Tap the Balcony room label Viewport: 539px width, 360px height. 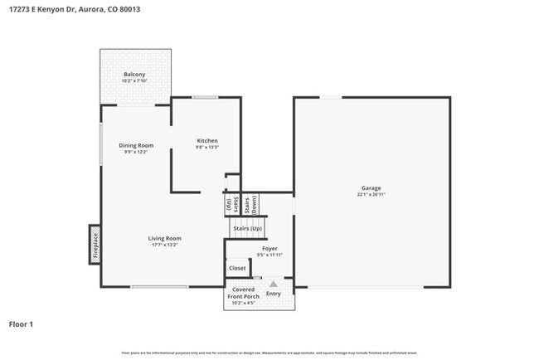pyautogui.click(x=134, y=74)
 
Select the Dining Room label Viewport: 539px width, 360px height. pyautogui.click(x=135, y=145)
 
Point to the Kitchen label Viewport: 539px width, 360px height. pyautogui.click(x=206, y=140)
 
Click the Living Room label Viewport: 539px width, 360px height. pyautogui.click(x=165, y=238)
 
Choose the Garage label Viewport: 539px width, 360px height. pyautogui.click(x=371, y=188)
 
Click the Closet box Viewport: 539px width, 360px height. pyautogui.click(x=237, y=269)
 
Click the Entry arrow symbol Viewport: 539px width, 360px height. pyautogui.click(x=273, y=284)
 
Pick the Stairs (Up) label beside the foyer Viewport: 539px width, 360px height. pyautogui.click(x=247, y=228)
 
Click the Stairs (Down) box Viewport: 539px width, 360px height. pyautogui.click(x=255, y=204)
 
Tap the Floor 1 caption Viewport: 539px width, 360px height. pyautogui.click(x=21, y=324)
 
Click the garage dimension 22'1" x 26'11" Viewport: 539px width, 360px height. pyautogui.click(x=371, y=195)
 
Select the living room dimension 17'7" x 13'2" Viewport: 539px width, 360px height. pyautogui.click(x=165, y=245)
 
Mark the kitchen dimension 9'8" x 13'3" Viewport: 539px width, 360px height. pyautogui.click(x=206, y=147)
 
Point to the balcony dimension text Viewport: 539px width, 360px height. pyautogui.click(x=134, y=80)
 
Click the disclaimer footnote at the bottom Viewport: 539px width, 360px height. pyautogui.click(x=269, y=353)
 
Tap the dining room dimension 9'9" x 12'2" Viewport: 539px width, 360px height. pyautogui.click(x=135, y=152)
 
